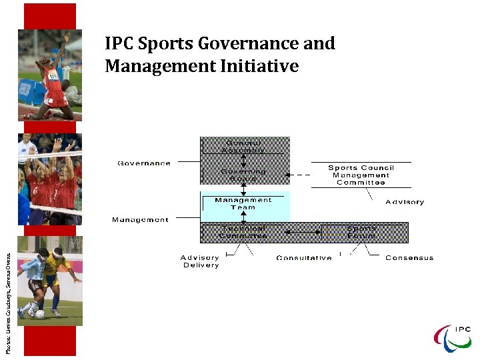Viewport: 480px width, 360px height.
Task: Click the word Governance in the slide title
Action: pyautogui.click(x=252, y=45)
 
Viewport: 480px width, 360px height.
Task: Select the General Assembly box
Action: pyautogui.click(x=245, y=146)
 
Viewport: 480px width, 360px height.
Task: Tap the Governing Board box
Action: pyautogui.click(x=245, y=175)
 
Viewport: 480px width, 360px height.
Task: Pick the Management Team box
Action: pyautogui.click(x=244, y=203)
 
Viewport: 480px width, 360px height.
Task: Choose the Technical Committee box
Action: pyautogui.click(x=243, y=232)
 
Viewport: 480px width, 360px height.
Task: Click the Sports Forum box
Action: pyautogui.click(x=361, y=232)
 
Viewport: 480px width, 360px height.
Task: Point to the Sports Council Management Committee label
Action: pyautogui.click(x=361, y=175)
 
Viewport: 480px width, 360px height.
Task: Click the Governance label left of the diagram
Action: pyautogui.click(x=144, y=163)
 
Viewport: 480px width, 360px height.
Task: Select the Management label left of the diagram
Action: pyautogui.click(x=140, y=219)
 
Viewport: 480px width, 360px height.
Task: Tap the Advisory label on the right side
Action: pyautogui.click(x=404, y=202)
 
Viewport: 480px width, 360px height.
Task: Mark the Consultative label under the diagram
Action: pyautogui.click(x=303, y=258)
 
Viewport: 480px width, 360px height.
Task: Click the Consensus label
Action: pyautogui.click(x=409, y=258)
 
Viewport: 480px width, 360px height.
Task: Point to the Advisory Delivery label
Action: pyautogui.click(x=200, y=261)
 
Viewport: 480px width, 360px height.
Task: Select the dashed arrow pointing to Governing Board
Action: pyautogui.click(x=302, y=175)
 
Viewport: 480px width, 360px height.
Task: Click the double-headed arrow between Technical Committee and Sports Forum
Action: pyautogui.click(x=304, y=232)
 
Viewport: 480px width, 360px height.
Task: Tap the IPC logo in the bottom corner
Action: pyautogui.click(x=453, y=337)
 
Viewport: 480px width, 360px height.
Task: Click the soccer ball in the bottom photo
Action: pyautogui.click(x=40, y=314)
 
